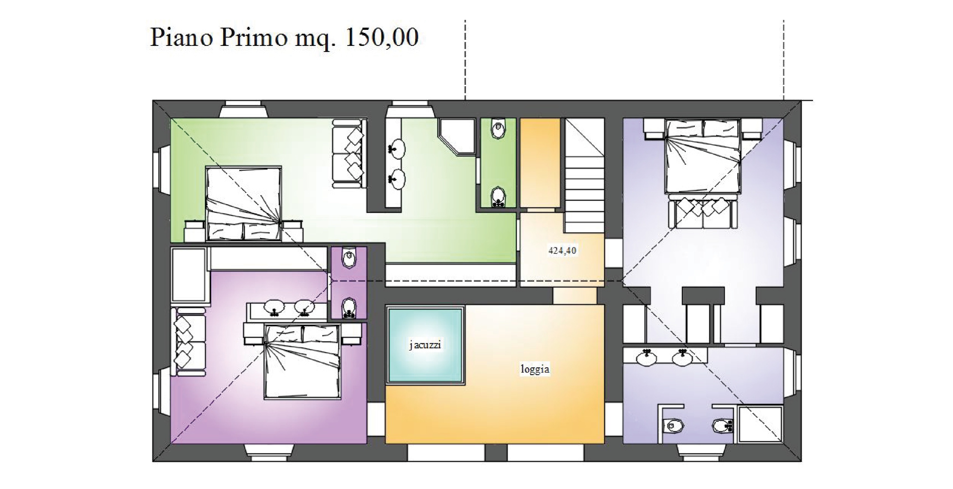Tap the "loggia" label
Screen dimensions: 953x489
coord(535,369)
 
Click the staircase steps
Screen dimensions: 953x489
coord(585,176)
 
